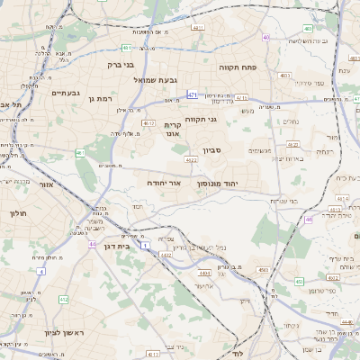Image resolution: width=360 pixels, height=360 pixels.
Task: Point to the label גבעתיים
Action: (x=66, y=93)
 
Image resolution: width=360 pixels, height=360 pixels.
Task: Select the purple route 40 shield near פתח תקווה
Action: (x=266, y=37)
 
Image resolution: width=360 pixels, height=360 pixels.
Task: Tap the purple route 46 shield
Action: (x=309, y=219)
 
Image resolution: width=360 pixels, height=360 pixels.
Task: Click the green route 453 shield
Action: (x=263, y=269)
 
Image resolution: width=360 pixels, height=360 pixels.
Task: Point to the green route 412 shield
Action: (x=63, y=299)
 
